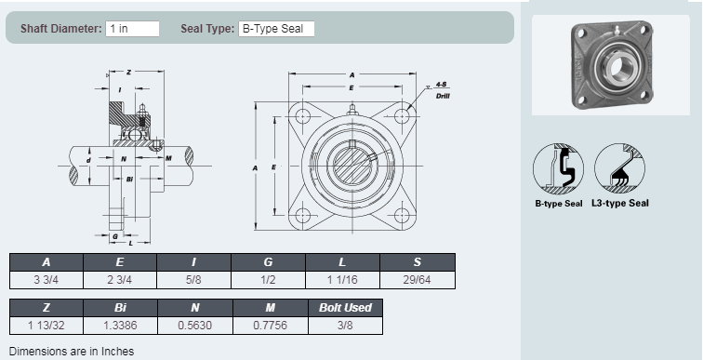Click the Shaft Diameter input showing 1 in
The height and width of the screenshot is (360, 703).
point(132,29)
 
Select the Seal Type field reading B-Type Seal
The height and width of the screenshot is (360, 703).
point(276,29)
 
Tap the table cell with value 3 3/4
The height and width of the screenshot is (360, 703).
point(46,279)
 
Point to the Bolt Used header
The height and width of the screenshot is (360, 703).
point(344,307)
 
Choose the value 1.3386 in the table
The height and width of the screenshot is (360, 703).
point(120,325)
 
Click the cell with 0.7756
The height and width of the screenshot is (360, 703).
point(270,325)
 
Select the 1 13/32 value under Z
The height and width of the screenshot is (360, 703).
point(46,325)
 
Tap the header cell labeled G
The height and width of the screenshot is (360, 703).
point(270,261)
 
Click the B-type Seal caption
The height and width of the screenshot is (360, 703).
point(558,203)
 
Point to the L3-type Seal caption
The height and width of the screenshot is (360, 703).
point(620,203)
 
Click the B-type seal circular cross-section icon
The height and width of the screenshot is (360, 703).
point(558,168)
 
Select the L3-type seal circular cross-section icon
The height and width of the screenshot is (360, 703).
point(620,168)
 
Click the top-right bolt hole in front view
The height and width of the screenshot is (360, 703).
point(401,116)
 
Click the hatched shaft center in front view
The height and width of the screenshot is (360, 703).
point(351,167)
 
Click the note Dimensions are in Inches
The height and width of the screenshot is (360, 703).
point(71,351)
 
